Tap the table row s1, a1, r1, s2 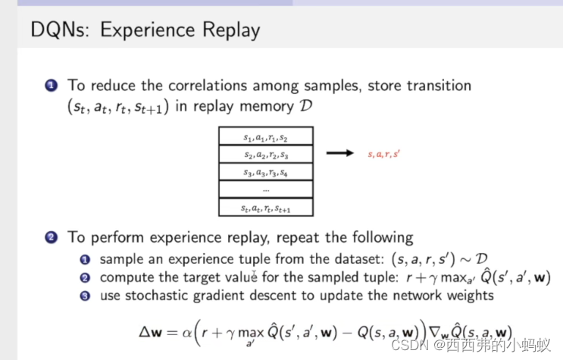coord(265,137)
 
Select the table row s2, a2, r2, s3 coord(265,155)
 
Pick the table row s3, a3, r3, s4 coord(265,172)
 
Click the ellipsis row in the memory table coord(265,189)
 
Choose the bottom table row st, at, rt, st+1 coord(265,207)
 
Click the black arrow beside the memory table coord(340,154)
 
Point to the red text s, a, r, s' coord(383,155)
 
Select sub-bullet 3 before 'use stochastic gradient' coord(86,295)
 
